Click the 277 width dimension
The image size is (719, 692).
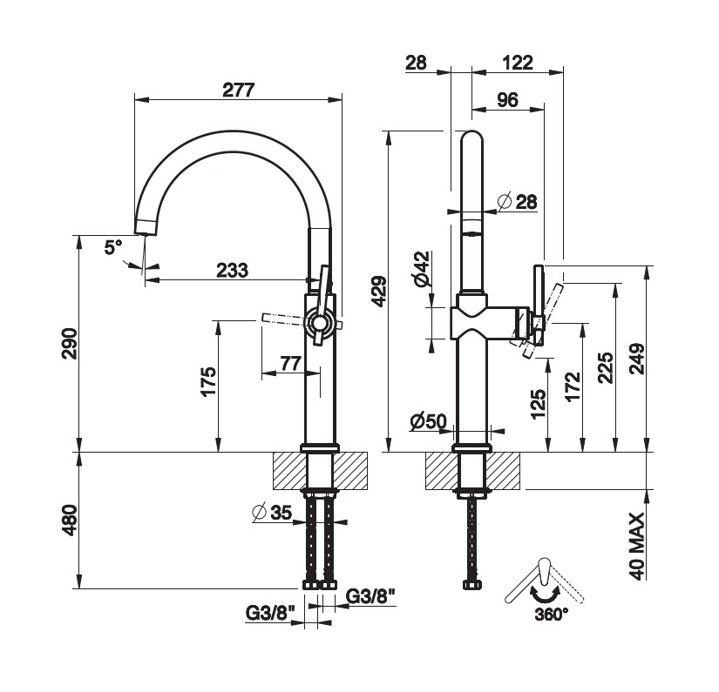[x=237, y=89]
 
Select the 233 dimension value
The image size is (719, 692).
[x=233, y=270]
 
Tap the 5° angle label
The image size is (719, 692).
[x=113, y=247]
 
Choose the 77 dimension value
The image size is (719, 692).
[x=290, y=362]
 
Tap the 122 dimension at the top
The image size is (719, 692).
[x=518, y=62]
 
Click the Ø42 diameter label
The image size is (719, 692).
[x=421, y=268]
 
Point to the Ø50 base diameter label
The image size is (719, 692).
[x=429, y=422]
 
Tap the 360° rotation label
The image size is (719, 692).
[x=550, y=614]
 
